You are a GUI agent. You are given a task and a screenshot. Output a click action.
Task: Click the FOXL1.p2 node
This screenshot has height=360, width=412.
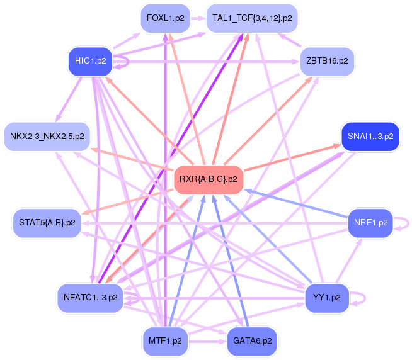pyautogui.click(x=165, y=18)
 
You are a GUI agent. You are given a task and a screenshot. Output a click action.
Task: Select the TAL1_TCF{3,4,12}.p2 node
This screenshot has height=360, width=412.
pyautogui.click(x=252, y=18)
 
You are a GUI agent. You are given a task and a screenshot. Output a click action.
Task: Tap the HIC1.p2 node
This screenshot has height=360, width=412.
pyautogui.click(x=89, y=62)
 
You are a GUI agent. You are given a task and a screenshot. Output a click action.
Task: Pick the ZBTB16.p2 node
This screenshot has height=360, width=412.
pyautogui.click(x=328, y=62)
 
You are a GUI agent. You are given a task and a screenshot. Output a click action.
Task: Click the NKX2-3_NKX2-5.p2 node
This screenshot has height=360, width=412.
pyautogui.click(x=48, y=136)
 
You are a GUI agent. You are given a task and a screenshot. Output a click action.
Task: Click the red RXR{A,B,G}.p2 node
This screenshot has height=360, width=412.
pyautogui.click(x=209, y=179)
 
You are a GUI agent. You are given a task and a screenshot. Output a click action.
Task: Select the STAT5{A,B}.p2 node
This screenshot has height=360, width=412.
pyautogui.click(x=47, y=223)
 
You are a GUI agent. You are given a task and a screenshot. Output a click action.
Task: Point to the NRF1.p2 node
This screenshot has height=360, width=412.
pyautogui.click(x=370, y=222)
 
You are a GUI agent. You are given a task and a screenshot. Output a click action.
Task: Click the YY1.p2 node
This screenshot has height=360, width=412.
pyautogui.click(x=326, y=297)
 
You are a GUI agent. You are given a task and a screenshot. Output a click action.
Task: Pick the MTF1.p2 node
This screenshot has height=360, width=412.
pyautogui.click(x=165, y=340)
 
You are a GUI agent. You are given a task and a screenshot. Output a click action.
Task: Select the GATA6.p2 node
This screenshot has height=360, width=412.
pyautogui.click(x=252, y=340)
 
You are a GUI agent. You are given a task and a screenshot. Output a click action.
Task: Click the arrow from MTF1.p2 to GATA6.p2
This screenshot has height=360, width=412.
pyautogui.click(x=208, y=340)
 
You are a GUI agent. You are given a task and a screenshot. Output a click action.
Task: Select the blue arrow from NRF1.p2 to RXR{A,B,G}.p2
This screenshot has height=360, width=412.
pyautogui.click(x=296, y=205)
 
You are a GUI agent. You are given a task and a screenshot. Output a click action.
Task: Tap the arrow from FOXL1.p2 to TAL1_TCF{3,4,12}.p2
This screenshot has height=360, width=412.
pyautogui.click(x=197, y=18)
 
